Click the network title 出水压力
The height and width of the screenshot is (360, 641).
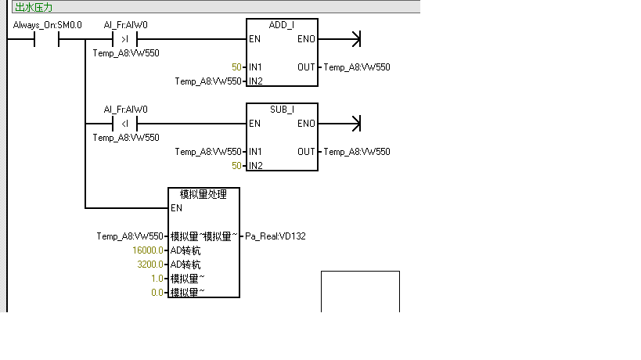[33, 7]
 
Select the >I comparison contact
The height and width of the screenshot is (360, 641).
[125, 39]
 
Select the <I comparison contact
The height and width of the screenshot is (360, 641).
[125, 124]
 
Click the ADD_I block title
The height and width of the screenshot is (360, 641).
[282, 25]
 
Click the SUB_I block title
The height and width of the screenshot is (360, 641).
[282, 110]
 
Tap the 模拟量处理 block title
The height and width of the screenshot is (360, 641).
[203, 194]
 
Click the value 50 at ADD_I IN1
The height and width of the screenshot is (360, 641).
[236, 67]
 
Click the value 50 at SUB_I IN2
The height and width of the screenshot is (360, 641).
[236, 166]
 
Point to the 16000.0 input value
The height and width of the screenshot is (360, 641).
[149, 250]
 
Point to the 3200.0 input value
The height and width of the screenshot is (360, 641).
[150, 265]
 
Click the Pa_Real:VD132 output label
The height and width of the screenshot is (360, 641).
[275, 236]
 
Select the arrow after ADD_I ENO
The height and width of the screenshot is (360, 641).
[357, 39]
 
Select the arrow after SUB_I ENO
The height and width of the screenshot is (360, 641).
[357, 124]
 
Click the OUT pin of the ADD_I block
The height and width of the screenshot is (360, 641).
[306, 67]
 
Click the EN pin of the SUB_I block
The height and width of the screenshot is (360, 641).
[255, 124]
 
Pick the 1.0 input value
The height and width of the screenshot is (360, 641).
[157, 279]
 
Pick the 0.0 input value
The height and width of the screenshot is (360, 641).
[157, 293]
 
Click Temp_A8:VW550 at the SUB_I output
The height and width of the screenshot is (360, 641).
[357, 152]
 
